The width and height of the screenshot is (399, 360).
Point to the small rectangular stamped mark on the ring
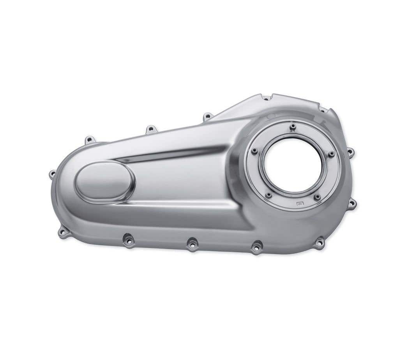[x=300, y=203]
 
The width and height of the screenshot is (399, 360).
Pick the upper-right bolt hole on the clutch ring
[x=332, y=155]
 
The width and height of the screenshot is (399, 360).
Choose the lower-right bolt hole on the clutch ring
[x=317, y=197]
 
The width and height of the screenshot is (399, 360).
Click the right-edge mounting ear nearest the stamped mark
[x=352, y=203]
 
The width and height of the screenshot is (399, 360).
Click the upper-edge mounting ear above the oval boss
[x=90, y=139]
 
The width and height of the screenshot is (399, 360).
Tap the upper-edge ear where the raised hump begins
[x=208, y=116]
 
